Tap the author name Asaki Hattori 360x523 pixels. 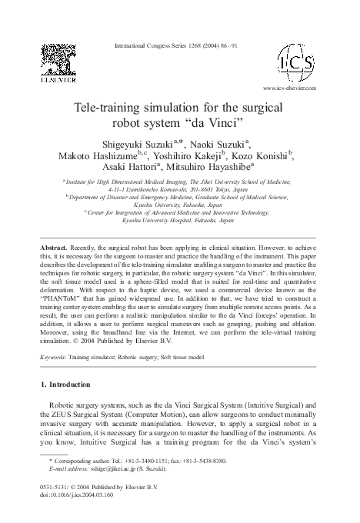(126, 167)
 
